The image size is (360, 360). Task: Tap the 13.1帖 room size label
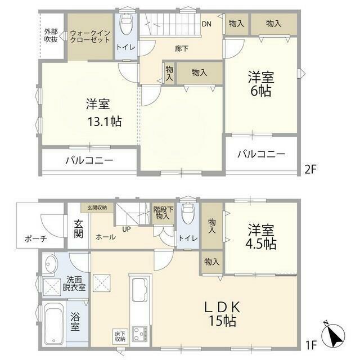point(105,121)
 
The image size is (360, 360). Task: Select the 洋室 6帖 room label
point(261,84)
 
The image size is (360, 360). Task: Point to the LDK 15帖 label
point(222,314)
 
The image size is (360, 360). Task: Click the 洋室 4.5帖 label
point(261,237)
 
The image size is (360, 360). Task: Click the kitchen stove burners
point(140,333)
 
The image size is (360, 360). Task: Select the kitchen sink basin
point(140,290)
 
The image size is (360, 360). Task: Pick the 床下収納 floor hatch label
point(120,336)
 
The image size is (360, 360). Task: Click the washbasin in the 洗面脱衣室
point(49,264)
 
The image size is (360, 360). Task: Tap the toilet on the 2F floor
point(126,24)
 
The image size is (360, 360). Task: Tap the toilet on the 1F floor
point(188,214)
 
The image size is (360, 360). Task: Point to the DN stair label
point(206,24)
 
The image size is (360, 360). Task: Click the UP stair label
point(126,229)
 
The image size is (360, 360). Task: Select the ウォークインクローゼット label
point(90,36)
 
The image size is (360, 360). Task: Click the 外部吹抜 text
point(51,35)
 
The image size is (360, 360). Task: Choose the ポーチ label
point(36,239)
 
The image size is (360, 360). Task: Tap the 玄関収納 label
point(97,208)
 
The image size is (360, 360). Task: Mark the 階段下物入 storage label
point(163,213)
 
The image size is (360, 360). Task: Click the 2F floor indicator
point(310,169)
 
